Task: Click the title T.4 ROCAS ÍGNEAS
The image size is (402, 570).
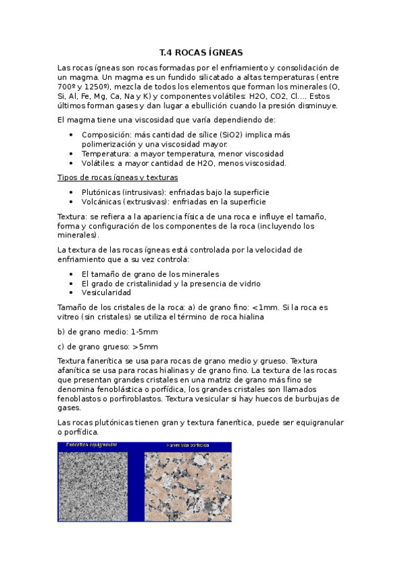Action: click(201, 52)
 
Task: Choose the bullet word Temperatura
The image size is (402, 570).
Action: click(106, 153)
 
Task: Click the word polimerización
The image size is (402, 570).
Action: click(109, 144)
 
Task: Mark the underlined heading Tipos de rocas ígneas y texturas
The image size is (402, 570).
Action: click(117, 177)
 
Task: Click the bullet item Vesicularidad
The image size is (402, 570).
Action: click(106, 293)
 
